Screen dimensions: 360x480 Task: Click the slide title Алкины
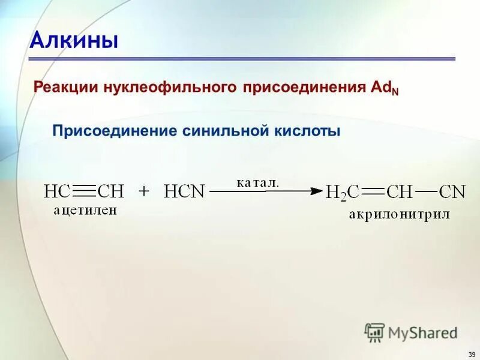pos(74,41)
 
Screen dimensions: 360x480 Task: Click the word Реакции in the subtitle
pos(67,88)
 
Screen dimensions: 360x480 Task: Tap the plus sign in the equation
pos(143,191)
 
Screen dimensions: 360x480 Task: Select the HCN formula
pos(184,191)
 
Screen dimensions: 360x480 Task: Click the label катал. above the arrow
pos(258,182)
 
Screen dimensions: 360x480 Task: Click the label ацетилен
pos(85,209)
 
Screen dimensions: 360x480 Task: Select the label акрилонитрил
pos(399,214)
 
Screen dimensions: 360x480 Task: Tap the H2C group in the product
pos(342,192)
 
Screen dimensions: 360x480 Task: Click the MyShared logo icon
pos(375,332)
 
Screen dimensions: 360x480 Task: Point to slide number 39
pos(472,353)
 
